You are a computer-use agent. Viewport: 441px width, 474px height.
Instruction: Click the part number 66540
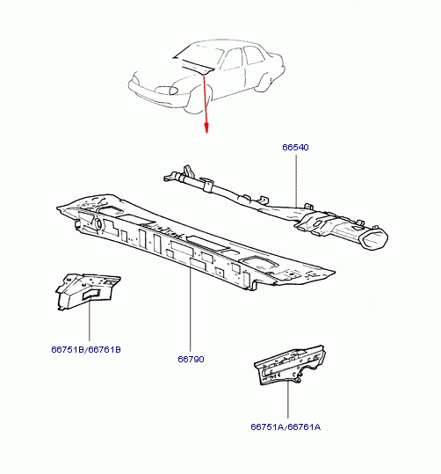point(295,147)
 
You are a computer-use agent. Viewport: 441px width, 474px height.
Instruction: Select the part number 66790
point(191,359)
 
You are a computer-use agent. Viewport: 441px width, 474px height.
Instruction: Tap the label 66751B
point(68,349)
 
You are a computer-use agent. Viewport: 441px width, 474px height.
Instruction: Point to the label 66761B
point(105,349)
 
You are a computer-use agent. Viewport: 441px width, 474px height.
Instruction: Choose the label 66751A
point(267,427)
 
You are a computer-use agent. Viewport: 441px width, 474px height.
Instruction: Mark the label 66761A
point(304,427)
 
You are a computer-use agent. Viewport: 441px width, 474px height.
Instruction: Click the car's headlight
point(166,90)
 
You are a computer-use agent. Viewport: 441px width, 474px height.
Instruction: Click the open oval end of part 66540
point(374,240)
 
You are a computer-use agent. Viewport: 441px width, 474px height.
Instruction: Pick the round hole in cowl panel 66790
point(98,223)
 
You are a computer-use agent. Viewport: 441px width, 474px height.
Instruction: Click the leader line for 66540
point(296,181)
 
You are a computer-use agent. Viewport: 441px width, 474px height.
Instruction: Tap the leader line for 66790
point(191,309)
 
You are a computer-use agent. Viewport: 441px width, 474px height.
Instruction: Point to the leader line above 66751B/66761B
point(90,320)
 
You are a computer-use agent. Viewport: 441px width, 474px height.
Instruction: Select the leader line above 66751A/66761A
point(288,399)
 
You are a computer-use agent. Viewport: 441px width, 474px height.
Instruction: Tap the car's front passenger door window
point(232,59)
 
